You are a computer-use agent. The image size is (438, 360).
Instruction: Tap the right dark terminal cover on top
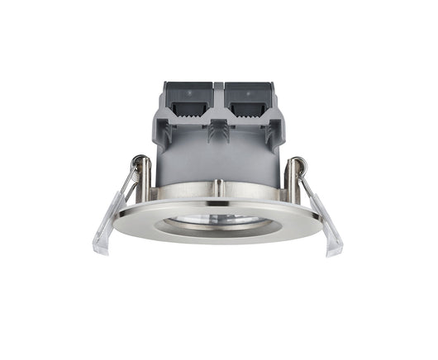click(248, 103)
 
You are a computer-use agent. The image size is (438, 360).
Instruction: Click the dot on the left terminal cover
click(188, 92)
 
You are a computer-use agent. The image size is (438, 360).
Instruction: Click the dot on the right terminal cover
click(247, 92)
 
